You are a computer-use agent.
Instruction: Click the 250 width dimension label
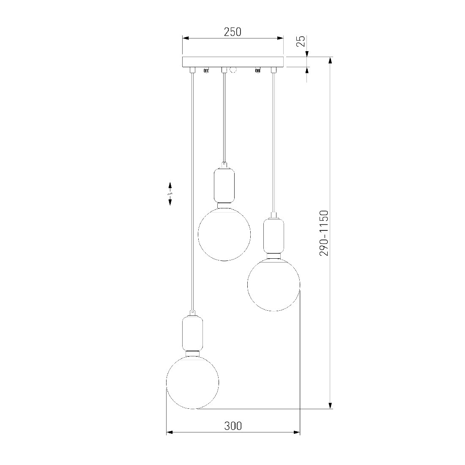click(x=232, y=32)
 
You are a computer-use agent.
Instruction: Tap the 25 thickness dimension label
click(x=301, y=41)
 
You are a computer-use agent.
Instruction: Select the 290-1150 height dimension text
click(x=324, y=233)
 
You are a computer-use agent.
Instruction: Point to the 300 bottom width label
click(x=233, y=426)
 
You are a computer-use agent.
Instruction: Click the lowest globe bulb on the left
click(x=193, y=383)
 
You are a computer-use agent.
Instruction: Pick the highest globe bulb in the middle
click(x=224, y=234)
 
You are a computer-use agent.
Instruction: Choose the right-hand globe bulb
click(x=274, y=284)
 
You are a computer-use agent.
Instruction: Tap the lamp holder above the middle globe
click(x=224, y=185)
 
